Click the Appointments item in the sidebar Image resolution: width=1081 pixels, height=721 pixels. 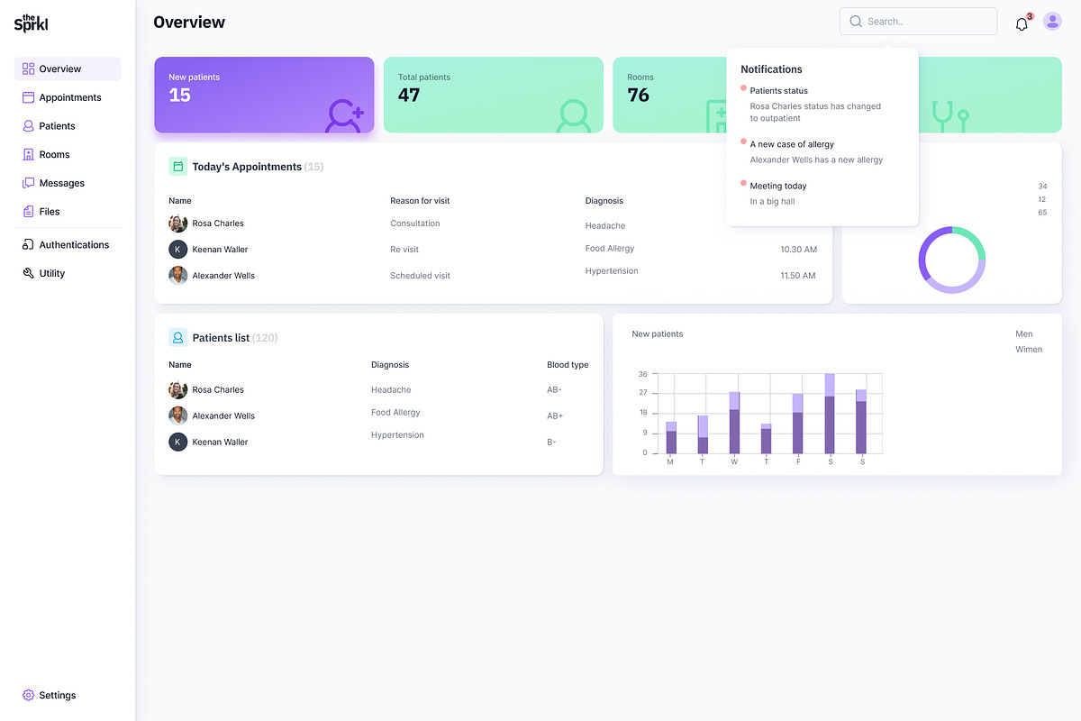tap(68, 97)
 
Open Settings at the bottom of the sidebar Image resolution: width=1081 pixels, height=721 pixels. tap(57, 695)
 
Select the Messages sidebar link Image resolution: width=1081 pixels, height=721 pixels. tap(61, 183)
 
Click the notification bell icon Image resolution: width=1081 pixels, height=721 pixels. tap(1022, 24)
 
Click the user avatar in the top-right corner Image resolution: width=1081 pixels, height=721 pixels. tap(1052, 22)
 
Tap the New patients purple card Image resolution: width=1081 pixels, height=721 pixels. tap(264, 95)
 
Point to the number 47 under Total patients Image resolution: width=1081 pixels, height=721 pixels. tap(409, 96)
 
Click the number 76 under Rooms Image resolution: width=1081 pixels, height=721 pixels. tap(639, 96)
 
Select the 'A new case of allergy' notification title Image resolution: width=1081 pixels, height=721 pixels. tap(792, 144)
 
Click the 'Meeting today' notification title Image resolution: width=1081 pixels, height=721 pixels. tap(778, 186)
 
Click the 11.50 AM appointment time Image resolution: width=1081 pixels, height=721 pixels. tap(798, 276)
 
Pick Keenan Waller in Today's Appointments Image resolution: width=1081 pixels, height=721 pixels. tap(220, 250)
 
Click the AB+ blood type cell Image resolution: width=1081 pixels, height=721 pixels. tap(555, 416)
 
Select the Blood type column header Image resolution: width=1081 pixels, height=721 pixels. tap(568, 365)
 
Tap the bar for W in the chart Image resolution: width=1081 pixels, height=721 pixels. tap(734, 424)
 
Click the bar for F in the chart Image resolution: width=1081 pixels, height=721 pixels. tap(797, 424)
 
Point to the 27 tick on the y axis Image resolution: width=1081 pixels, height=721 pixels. tap(642, 393)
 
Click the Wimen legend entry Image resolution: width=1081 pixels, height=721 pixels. tap(1029, 350)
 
